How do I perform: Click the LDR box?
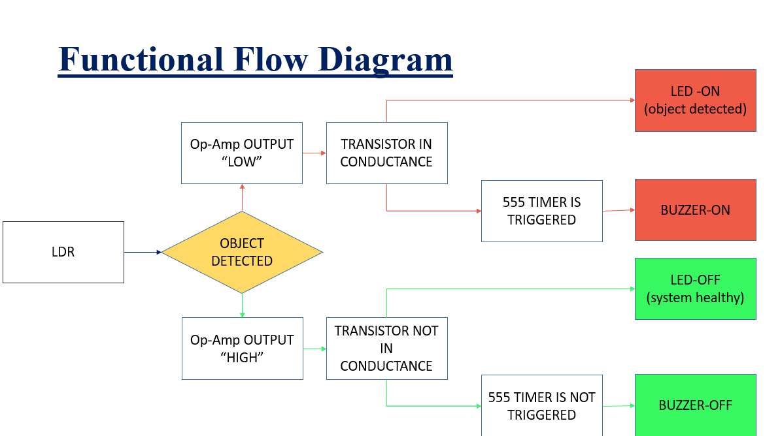pos(63,252)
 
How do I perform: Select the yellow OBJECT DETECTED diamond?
pos(242,252)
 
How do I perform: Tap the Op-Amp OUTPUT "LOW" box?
pos(242,153)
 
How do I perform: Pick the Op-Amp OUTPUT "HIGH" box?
pos(243,349)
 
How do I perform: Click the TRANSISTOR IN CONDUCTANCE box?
pos(386,153)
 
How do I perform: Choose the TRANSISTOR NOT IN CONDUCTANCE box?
pos(386,349)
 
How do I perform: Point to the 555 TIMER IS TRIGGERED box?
pos(541,211)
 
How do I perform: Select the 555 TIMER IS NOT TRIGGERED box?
pos(541,406)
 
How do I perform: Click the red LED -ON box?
pos(695,101)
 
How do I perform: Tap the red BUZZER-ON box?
pos(695,210)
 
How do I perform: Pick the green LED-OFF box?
pos(695,288)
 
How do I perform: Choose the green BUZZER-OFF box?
pos(695,405)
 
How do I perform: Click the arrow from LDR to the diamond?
pos(143,252)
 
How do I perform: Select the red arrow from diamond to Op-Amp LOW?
pos(242,198)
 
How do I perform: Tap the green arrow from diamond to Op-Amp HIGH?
pos(242,305)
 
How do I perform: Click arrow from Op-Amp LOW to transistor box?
pos(314,153)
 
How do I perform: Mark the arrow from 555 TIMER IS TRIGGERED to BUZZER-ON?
pos(619,210)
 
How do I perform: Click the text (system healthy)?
pos(695,298)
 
